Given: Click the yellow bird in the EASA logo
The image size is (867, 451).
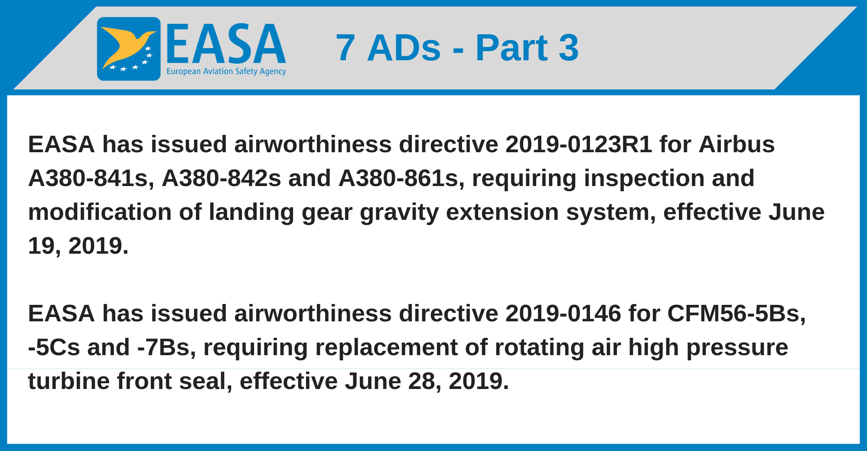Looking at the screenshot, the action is (x=126, y=46).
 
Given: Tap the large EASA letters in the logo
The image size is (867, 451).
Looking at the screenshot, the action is (x=226, y=44).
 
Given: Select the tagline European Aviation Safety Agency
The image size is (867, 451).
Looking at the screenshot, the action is (x=226, y=72).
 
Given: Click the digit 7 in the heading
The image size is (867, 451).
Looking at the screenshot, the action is (x=345, y=47).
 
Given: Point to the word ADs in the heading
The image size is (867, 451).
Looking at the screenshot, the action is (x=404, y=47).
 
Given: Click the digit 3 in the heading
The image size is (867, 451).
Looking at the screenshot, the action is (x=568, y=47).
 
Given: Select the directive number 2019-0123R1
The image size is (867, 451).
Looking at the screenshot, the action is (x=579, y=144).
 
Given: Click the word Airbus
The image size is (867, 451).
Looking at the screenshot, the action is (x=737, y=144).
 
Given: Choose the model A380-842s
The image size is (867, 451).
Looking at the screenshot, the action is (x=222, y=178).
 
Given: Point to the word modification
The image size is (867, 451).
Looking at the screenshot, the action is (x=100, y=212).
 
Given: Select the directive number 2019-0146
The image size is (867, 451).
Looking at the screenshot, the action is (x=563, y=313).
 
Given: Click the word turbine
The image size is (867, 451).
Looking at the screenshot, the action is (x=69, y=381).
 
